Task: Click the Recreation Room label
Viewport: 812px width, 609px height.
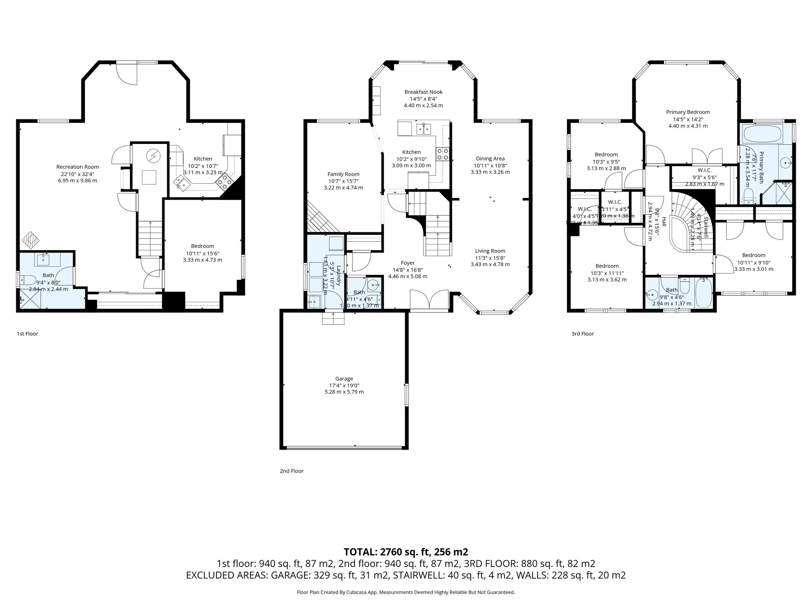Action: click(x=77, y=167)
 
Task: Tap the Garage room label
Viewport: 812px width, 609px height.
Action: click(x=343, y=379)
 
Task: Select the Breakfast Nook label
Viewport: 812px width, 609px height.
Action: click(x=423, y=92)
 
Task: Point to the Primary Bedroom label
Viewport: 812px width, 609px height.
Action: click(x=688, y=112)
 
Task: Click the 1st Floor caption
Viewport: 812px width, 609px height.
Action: click(x=27, y=334)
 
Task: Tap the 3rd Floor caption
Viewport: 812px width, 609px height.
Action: click(x=582, y=334)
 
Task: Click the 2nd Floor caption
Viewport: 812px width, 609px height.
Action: click(x=291, y=471)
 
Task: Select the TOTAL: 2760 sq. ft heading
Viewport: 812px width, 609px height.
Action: click(x=406, y=552)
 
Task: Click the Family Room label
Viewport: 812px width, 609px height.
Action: click(x=343, y=174)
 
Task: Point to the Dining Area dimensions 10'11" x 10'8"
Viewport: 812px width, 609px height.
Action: click(x=490, y=165)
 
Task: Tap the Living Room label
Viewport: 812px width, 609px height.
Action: click(x=490, y=251)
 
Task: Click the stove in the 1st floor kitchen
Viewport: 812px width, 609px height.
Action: click(x=224, y=182)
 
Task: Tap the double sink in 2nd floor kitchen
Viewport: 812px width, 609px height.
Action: click(x=424, y=129)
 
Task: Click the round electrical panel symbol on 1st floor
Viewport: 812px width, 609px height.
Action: click(x=152, y=155)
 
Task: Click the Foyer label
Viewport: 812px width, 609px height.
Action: click(x=407, y=263)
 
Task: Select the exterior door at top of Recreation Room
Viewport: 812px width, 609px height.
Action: click(x=127, y=73)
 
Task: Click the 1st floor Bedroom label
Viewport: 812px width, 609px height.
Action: click(x=202, y=246)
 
